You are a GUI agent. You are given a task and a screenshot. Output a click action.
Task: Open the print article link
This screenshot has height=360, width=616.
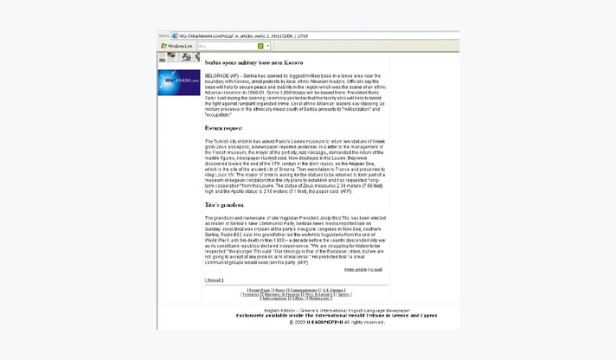[355, 269]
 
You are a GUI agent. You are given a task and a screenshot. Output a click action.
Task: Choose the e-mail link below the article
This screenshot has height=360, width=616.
[376, 269]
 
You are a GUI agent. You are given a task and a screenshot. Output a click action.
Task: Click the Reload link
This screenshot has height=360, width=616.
[214, 280]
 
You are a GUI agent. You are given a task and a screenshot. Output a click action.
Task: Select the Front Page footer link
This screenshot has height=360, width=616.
[259, 290]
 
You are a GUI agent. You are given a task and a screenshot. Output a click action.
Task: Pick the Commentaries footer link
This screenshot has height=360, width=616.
[304, 290]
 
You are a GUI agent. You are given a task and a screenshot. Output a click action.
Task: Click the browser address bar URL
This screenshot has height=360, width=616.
[242, 35]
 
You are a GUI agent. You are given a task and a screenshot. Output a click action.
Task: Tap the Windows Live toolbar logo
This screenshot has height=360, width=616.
[177, 46]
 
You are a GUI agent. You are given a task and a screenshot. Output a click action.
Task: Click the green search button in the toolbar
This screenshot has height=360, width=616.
[260, 46]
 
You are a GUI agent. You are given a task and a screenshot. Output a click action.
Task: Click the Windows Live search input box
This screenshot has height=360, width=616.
[224, 46]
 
